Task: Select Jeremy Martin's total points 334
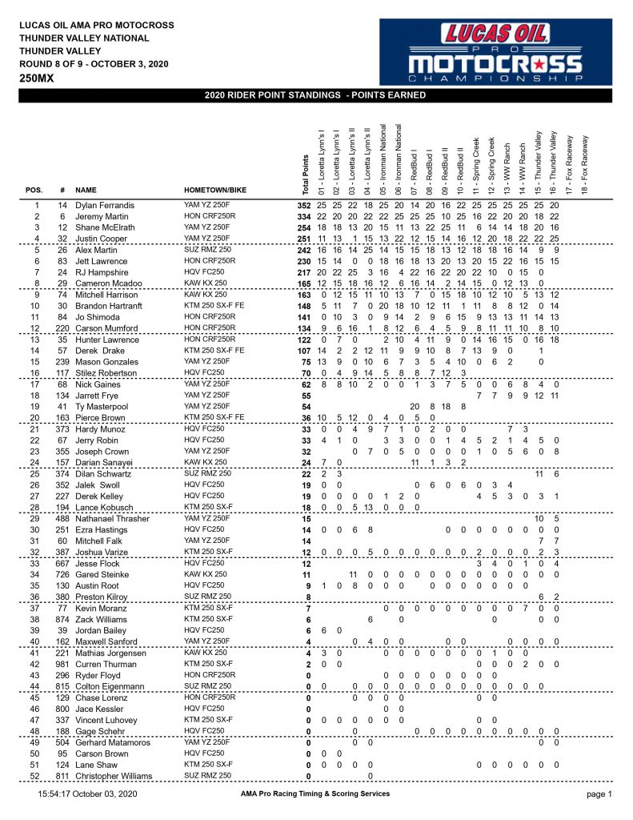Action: tap(302, 217)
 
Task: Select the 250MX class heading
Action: tap(39, 78)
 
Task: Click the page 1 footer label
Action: tap(599, 794)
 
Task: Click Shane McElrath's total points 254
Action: tap(302, 228)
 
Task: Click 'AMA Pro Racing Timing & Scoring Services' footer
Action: tap(314, 794)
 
